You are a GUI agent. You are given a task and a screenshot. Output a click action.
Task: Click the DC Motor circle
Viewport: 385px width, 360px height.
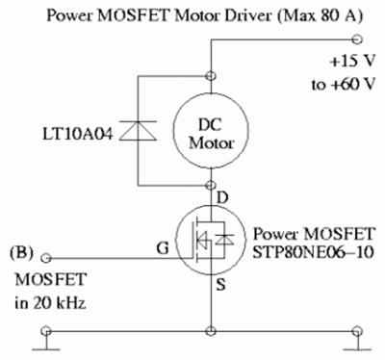[x=173, y=132]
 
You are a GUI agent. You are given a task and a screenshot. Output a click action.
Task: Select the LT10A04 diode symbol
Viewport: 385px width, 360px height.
[x=139, y=131]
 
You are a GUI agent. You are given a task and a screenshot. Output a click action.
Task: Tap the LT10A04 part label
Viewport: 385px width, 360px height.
[x=78, y=135]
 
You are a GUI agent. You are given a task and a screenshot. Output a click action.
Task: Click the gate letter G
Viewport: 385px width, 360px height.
[x=163, y=248]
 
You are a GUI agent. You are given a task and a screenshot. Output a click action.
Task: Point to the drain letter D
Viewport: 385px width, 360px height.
[x=222, y=197]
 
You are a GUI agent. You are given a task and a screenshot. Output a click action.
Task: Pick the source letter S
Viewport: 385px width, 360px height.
[x=220, y=284]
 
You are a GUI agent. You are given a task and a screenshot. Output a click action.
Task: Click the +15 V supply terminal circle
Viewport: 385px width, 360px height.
[x=357, y=39]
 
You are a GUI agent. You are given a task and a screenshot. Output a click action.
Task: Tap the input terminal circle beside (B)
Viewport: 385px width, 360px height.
[x=46, y=258]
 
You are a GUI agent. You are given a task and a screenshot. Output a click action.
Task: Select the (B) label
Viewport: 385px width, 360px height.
[x=21, y=252]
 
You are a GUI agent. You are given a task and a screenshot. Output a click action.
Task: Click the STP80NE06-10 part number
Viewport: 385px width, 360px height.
[x=313, y=252]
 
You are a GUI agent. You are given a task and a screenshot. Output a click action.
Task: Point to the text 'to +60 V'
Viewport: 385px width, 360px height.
[x=343, y=85]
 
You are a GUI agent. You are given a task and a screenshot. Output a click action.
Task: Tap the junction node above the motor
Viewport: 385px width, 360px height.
[x=211, y=76]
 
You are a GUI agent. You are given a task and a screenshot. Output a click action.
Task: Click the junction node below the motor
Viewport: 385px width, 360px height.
[x=211, y=185]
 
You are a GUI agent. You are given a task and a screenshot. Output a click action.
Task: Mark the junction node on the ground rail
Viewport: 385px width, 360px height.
[x=211, y=331]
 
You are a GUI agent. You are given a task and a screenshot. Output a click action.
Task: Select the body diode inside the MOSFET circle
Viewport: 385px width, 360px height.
[x=224, y=240]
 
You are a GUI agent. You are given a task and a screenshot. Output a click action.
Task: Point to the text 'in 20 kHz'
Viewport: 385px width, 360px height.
[x=50, y=302]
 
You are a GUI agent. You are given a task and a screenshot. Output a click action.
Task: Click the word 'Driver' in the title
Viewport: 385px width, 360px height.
[x=246, y=16]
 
